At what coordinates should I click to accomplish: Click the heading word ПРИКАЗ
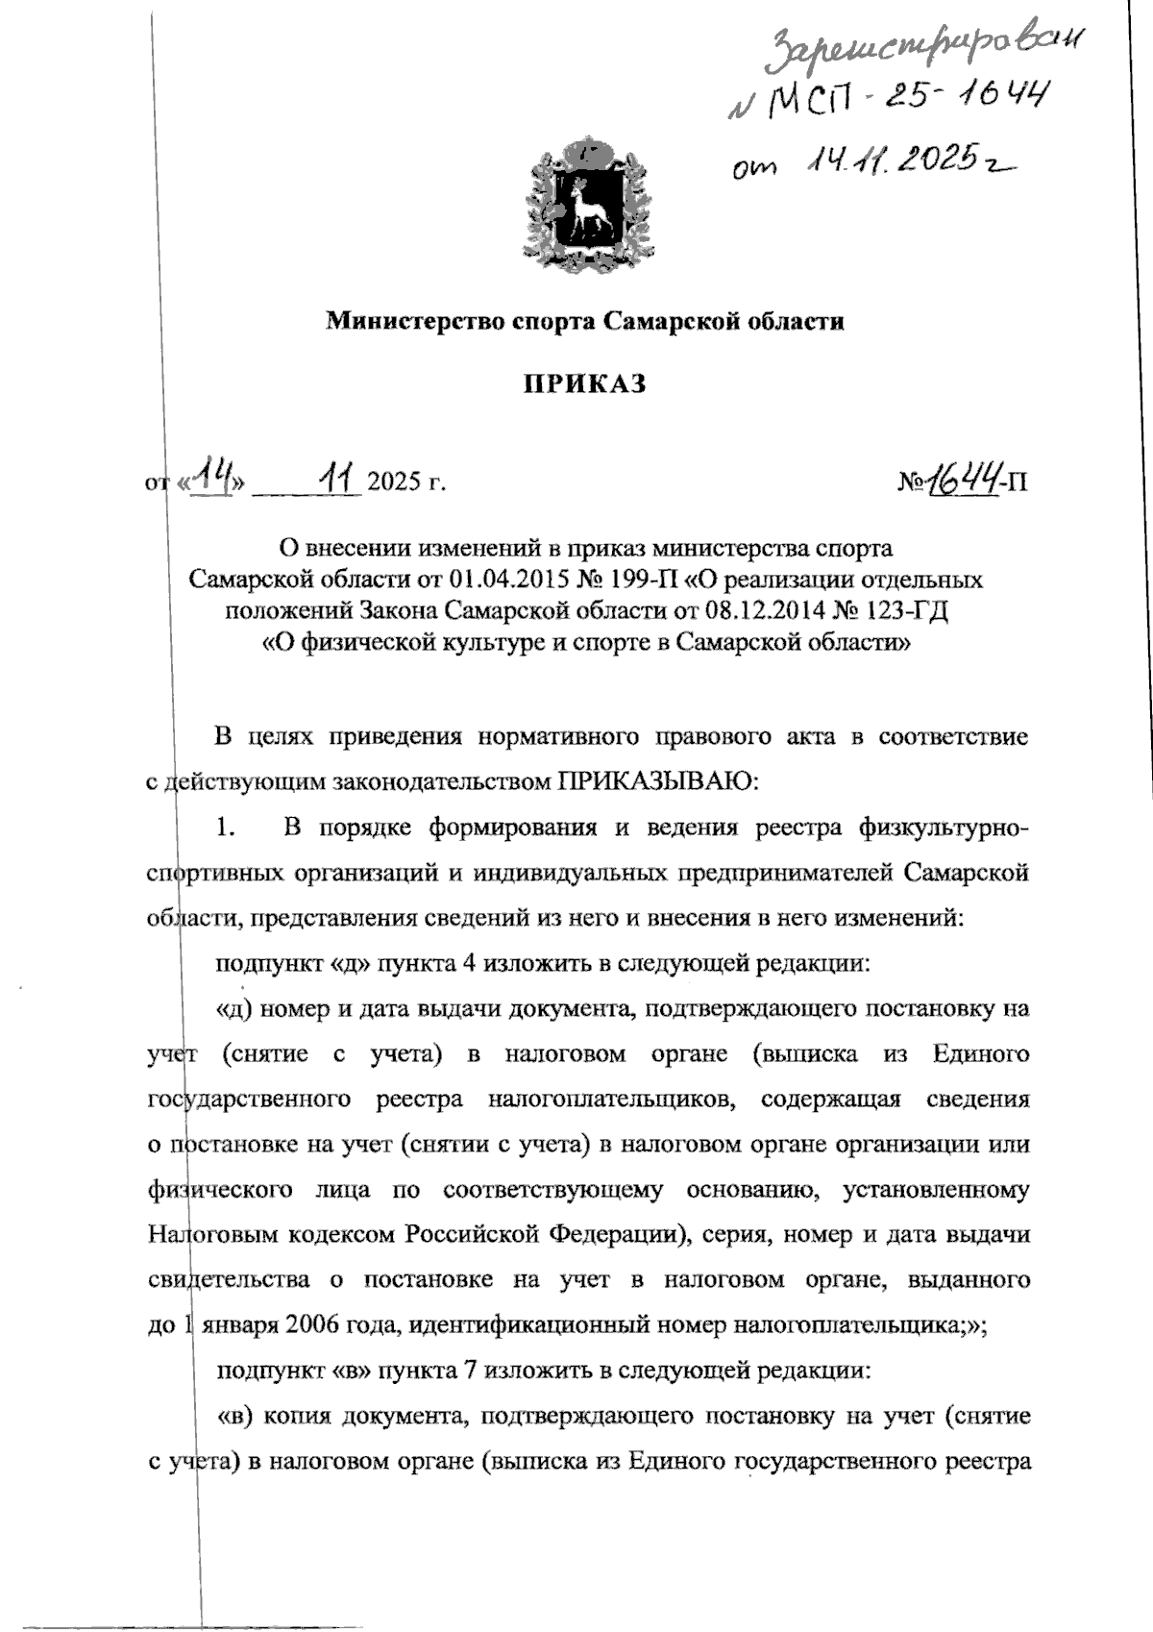[584, 384]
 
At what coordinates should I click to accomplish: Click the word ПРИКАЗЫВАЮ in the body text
[657, 781]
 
